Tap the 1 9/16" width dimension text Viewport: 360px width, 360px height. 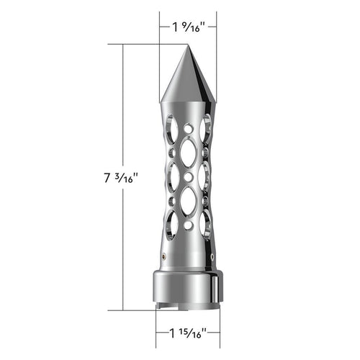tap(189, 30)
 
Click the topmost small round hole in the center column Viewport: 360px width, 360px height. tap(188, 128)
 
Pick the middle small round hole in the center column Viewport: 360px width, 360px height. tap(188, 176)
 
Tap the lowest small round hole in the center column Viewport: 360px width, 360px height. tap(188, 225)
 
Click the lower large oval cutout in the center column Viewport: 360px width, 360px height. tap(188, 202)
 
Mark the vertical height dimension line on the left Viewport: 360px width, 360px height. tap(124, 108)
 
